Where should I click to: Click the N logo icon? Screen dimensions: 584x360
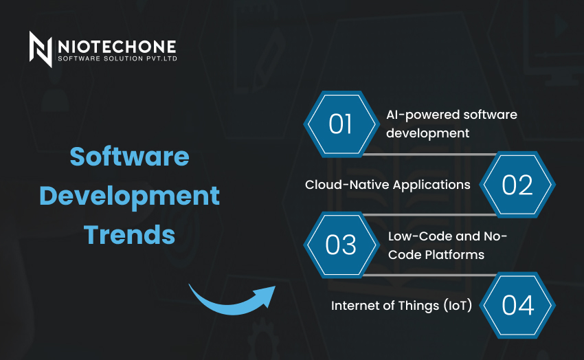[x=41, y=49]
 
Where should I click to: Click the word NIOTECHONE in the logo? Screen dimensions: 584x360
[x=117, y=47]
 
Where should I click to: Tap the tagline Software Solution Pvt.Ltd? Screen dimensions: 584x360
[x=117, y=58]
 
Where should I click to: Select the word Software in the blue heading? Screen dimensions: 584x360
[x=130, y=156]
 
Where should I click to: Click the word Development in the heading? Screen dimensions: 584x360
[x=130, y=196]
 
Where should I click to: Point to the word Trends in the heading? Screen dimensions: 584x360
[x=129, y=234]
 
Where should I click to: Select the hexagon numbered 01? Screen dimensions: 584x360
[x=340, y=124]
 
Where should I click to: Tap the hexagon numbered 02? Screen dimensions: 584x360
[x=517, y=185]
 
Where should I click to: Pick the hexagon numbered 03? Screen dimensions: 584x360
[x=341, y=245]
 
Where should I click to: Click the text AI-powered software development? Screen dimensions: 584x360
[x=451, y=124]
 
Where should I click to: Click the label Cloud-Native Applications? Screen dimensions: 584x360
[x=388, y=185]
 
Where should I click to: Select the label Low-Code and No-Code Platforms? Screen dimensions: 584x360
[x=447, y=245]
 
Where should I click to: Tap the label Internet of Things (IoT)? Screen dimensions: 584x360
[x=401, y=306]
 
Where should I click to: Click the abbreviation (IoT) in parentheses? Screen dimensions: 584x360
[x=458, y=306]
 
